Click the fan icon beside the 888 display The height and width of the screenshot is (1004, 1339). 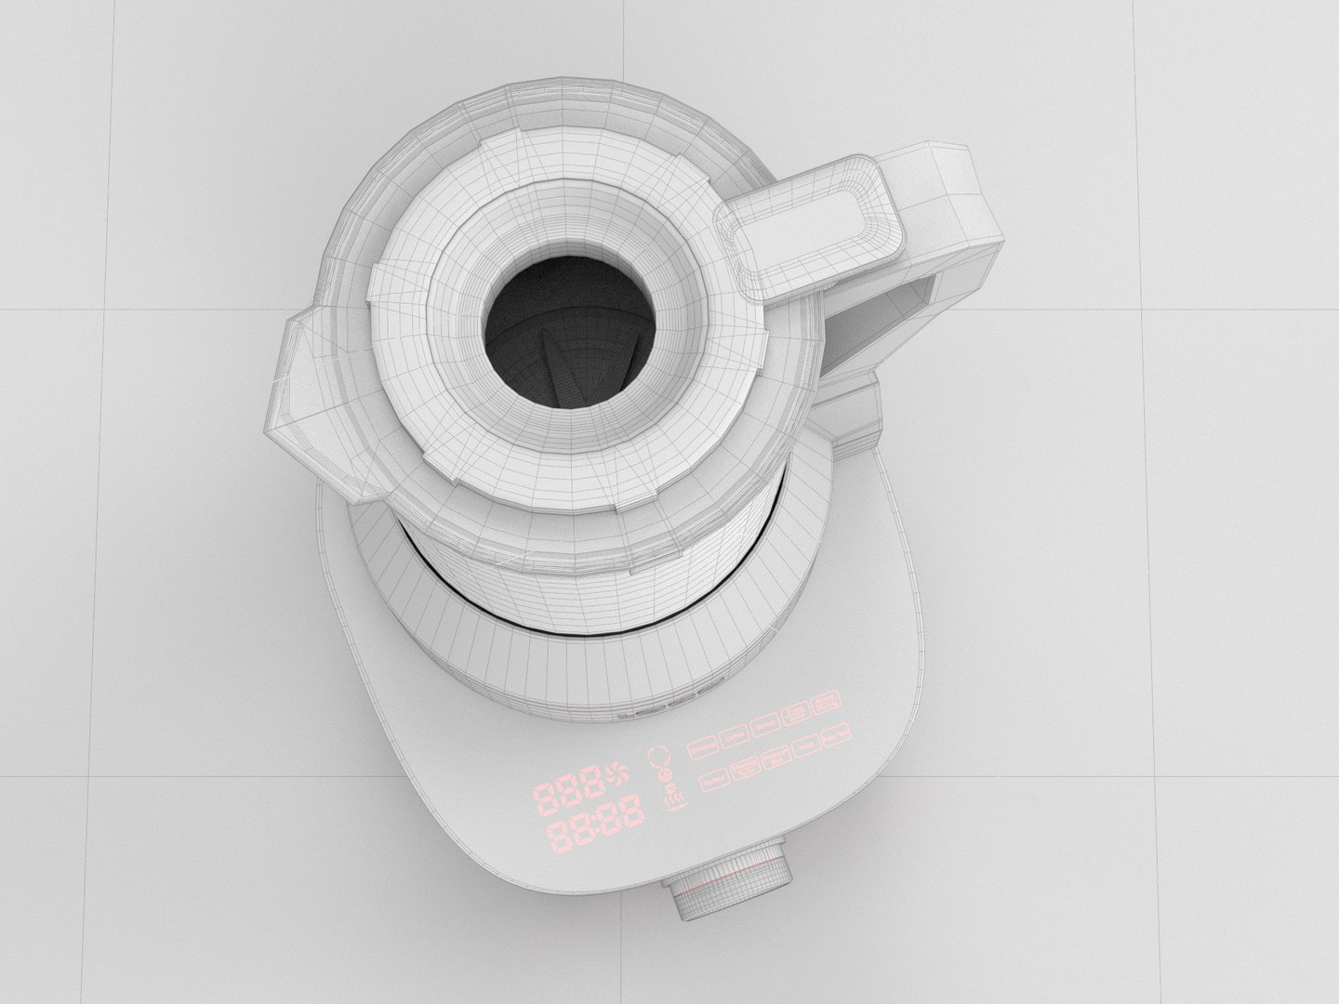[616, 772]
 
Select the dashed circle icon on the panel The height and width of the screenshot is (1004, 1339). [659, 756]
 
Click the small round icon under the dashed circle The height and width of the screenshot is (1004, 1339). [665, 774]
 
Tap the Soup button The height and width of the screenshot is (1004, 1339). [806, 746]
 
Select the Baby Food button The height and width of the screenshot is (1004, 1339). [837, 735]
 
